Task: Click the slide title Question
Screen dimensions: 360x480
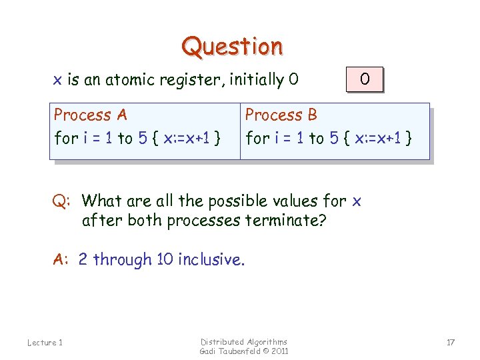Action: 232,47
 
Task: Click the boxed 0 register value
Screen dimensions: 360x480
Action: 365,79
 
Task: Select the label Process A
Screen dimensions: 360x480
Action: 90,115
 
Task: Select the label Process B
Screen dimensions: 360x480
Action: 281,115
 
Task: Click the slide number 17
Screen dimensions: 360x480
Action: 451,343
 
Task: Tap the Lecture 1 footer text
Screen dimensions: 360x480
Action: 45,343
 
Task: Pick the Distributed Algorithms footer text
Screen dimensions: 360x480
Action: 243,341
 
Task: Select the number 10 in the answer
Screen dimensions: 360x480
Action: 165,259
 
